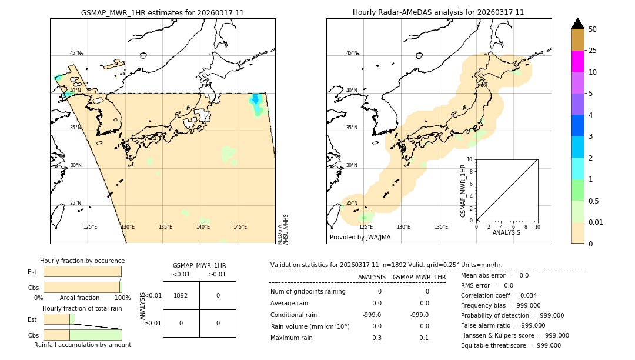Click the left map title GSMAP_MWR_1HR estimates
coord(162,12)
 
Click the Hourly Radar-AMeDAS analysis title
coord(438,12)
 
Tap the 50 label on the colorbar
coord(593,29)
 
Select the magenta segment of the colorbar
coord(577,61)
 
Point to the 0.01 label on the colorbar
coord(596,222)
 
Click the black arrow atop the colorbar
coord(577,24)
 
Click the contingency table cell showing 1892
coord(181,295)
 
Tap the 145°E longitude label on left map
coord(240,227)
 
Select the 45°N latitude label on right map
coord(352,53)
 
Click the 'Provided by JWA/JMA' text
coord(360,238)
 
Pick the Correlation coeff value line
coord(499,295)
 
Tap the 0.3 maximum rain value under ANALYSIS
coord(376,338)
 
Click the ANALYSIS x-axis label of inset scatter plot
coord(506,232)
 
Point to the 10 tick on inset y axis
coord(470,159)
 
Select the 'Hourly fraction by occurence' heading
coord(82,261)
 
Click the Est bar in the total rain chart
coord(59,319)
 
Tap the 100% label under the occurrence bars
coord(122,298)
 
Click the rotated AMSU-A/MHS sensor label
coord(286,229)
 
